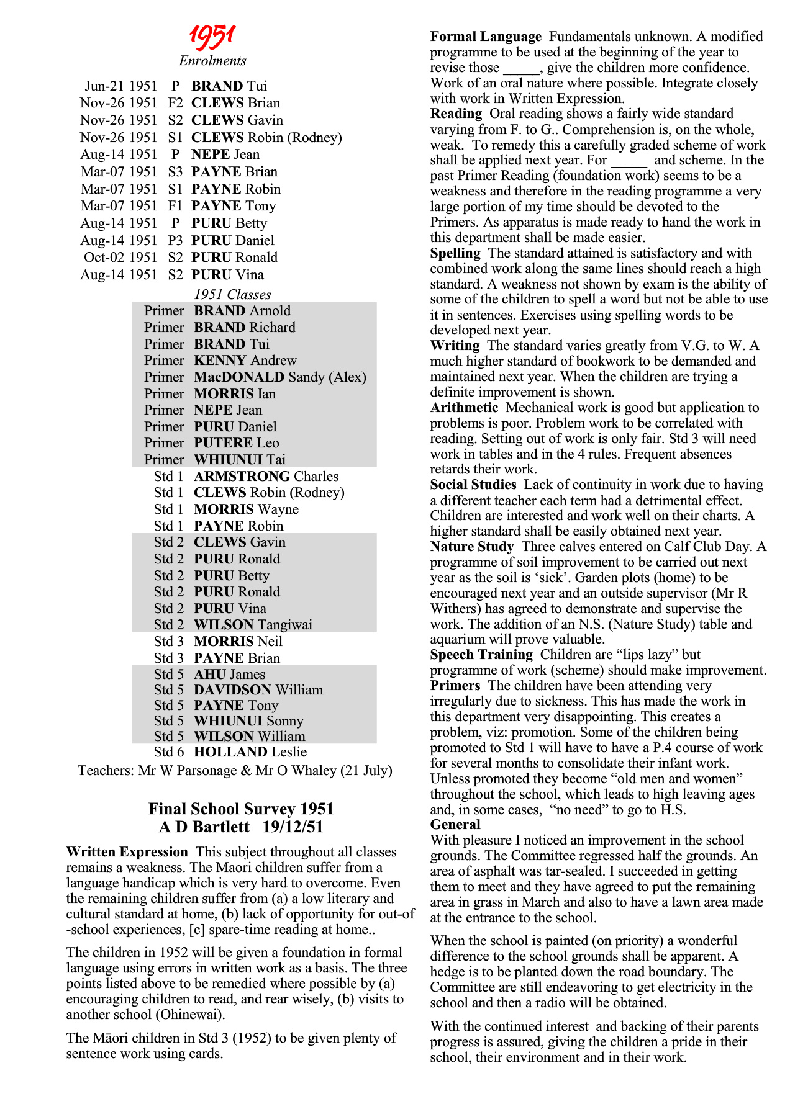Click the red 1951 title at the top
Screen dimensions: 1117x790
[212, 37]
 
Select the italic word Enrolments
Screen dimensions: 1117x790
[212, 61]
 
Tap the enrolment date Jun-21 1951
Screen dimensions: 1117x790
[121, 86]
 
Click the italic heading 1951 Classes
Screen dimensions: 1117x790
[232, 295]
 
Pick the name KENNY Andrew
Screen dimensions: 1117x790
[245, 361]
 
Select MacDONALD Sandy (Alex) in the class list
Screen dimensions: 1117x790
[280, 377]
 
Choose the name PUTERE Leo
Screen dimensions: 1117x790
[237, 443]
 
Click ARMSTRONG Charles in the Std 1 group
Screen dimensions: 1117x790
[266, 477]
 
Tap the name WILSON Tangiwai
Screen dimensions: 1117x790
[253, 625]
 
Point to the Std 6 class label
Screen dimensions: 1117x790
[169, 752]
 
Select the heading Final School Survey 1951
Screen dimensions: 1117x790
[241, 809]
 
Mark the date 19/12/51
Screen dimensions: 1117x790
[293, 827]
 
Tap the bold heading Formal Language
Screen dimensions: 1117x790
[486, 37]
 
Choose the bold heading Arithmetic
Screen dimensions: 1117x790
[464, 408]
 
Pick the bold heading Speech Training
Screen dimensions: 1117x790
[481, 655]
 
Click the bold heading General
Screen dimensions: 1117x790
[455, 825]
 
